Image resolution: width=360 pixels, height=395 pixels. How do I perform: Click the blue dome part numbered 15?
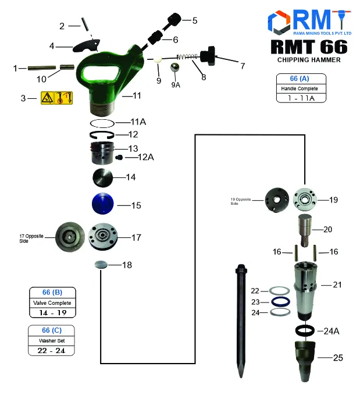[104, 205]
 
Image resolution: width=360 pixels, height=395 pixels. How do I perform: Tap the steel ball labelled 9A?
[174, 69]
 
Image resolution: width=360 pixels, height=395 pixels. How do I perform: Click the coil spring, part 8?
[187, 58]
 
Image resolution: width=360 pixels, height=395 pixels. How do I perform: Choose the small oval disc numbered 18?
[101, 265]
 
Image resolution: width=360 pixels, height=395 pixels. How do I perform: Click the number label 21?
[338, 284]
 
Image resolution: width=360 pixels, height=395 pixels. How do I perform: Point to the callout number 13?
[133, 148]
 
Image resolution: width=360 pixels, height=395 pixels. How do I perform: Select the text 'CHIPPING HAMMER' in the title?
[309, 59]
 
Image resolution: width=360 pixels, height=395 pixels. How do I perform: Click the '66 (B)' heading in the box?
[52, 292]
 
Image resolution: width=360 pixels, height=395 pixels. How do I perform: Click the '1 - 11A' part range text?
[301, 99]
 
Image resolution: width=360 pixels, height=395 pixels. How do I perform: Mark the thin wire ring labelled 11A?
[103, 123]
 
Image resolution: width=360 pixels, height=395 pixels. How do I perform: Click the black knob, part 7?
[208, 58]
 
